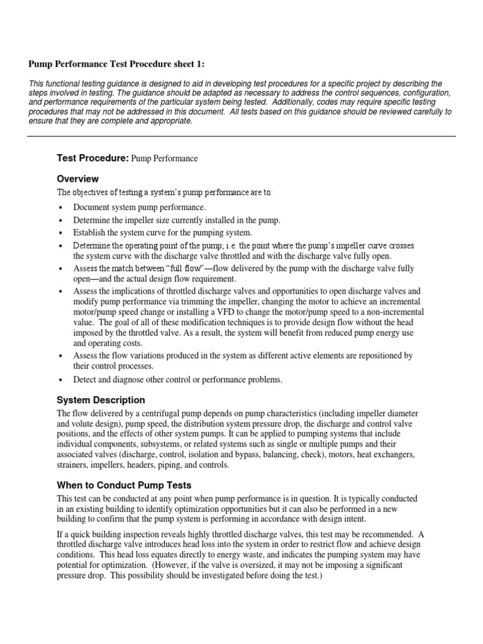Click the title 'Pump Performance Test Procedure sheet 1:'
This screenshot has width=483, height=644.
[116, 64]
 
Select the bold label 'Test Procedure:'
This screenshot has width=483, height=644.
[92, 158]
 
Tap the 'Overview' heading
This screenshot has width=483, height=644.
[78, 179]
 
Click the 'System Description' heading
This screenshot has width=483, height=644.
[101, 400]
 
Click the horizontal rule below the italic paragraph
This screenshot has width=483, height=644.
[241, 136]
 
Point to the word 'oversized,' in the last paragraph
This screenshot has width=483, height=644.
[247, 566]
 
